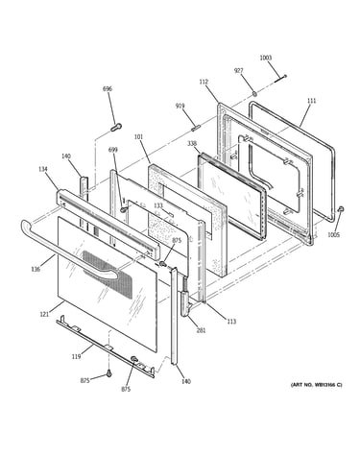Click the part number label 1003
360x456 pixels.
pos(265,58)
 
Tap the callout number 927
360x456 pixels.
pos(238,71)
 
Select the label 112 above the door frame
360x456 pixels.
pos(204,82)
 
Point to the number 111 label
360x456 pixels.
pos(311,101)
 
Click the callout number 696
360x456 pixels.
pos(108,88)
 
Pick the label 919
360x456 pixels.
pos(180,106)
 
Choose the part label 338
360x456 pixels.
pos(192,143)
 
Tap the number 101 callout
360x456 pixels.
pos(138,136)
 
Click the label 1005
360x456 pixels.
pos(334,235)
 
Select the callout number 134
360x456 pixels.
pos(43,169)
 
